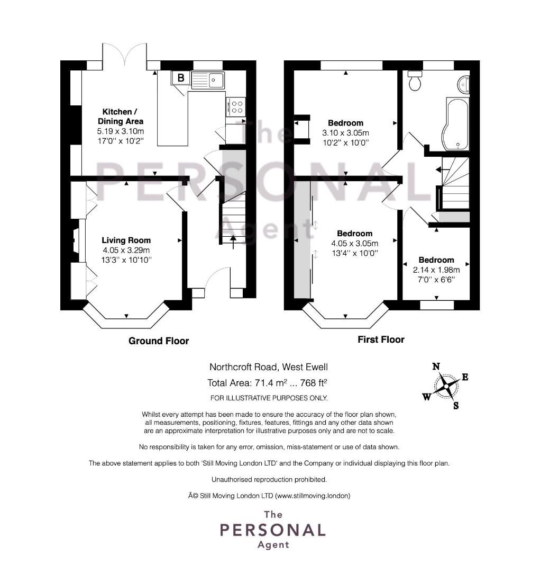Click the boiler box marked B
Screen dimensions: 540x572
click(x=180, y=78)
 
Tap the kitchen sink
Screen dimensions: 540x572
click(x=208, y=81)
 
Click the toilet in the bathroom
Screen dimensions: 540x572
click(x=415, y=81)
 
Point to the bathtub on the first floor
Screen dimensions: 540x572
click(x=455, y=124)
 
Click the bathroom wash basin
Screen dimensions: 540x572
click(x=463, y=84)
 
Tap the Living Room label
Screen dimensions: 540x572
click(x=126, y=240)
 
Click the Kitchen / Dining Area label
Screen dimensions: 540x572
click(x=120, y=117)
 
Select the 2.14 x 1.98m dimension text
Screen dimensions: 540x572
click(x=436, y=270)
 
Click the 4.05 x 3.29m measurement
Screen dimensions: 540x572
click(x=126, y=250)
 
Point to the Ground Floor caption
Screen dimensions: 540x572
click(x=159, y=341)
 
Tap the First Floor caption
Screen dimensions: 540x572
click(x=381, y=339)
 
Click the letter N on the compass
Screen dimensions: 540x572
click(x=436, y=367)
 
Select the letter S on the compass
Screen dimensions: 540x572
click(x=456, y=405)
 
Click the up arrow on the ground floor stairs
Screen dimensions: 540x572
click(x=233, y=242)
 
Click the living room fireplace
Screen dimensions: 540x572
click(x=76, y=240)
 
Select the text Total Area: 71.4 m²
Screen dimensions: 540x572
click(x=247, y=383)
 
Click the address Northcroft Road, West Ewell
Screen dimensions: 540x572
click(x=269, y=367)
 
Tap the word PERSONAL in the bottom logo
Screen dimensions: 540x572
click(x=272, y=530)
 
